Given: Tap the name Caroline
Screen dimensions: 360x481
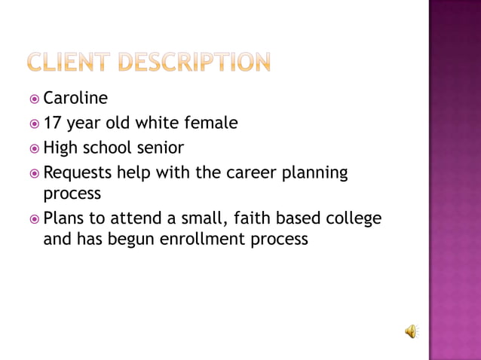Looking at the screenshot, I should (75, 98).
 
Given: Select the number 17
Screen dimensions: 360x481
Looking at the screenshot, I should (53, 122).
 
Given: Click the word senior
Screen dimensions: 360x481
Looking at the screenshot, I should (159, 148).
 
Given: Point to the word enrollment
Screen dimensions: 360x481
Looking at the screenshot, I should (205, 239).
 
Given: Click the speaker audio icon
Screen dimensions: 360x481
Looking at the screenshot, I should (412, 331).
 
